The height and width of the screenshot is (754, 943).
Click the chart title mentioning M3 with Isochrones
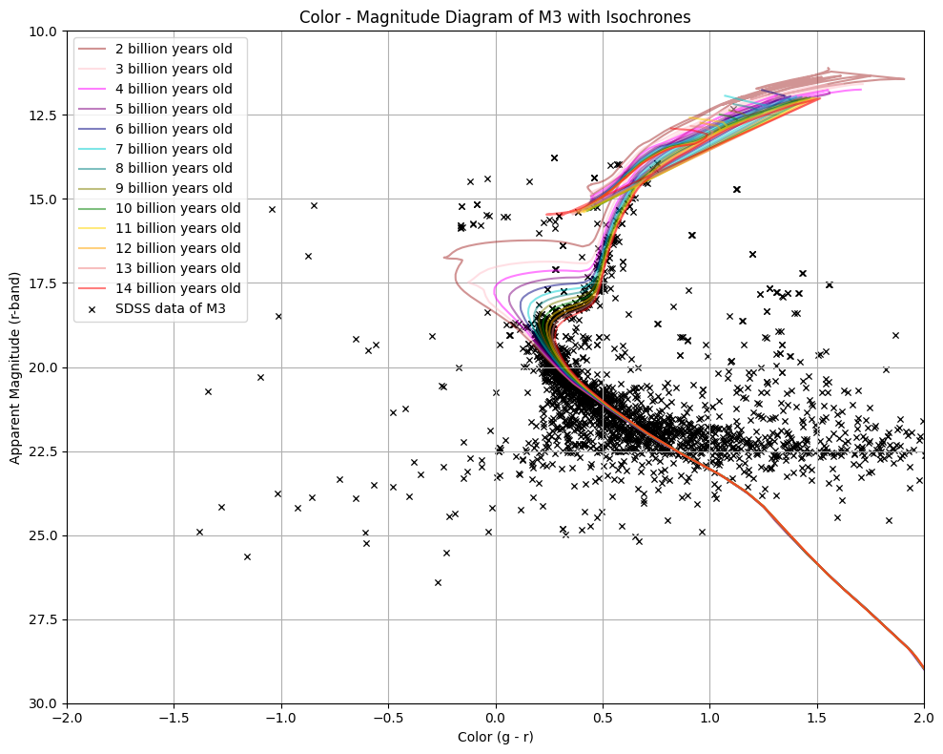pyautogui.click(x=495, y=17)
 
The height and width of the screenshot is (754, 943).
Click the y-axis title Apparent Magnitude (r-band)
pyautogui.click(x=15, y=367)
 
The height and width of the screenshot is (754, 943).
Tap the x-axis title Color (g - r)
pyautogui.click(x=495, y=738)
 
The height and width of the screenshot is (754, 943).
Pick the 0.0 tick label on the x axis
pyautogui.click(x=496, y=719)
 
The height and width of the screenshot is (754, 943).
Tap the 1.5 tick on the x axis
pyautogui.click(x=817, y=719)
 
